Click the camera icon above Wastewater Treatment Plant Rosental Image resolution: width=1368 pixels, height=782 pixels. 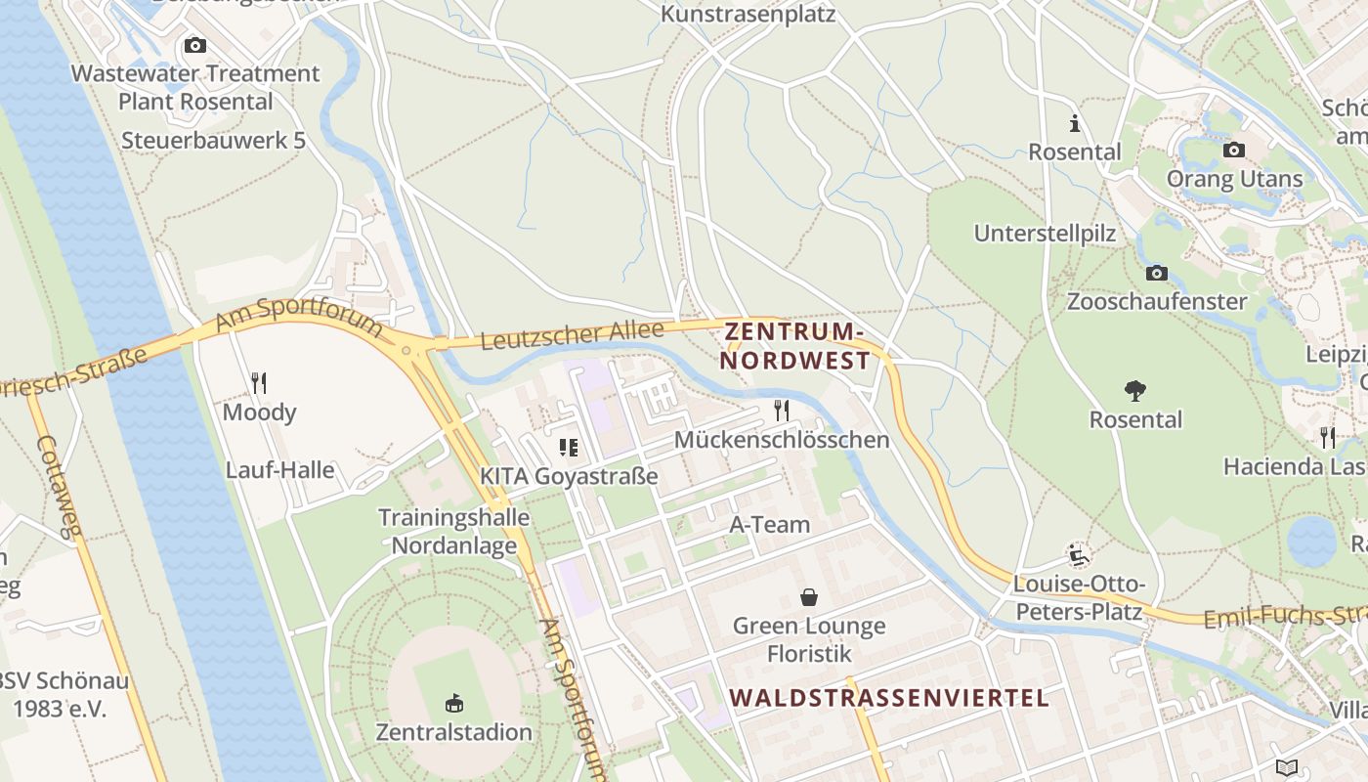[x=195, y=45]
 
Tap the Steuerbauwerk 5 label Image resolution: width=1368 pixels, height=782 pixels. [x=213, y=141]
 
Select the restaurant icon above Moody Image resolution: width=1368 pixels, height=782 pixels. [x=259, y=382]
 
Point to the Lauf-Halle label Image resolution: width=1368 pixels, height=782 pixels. [x=279, y=470]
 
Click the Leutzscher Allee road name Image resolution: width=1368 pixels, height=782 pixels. [x=572, y=335]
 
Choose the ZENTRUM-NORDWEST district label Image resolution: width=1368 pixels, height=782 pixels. [x=794, y=347]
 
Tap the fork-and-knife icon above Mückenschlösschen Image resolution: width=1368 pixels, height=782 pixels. [x=782, y=410]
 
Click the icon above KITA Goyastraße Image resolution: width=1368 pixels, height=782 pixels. [x=568, y=448]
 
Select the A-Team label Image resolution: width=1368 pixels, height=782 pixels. [x=770, y=525]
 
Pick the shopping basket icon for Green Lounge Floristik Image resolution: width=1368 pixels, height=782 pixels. [x=809, y=596]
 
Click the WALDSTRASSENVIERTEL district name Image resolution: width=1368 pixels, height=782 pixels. [x=889, y=698]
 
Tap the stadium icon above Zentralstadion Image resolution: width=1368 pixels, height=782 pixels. [x=454, y=703]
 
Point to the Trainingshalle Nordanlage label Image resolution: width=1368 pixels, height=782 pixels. [x=453, y=532]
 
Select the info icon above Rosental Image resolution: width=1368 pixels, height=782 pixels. [x=1075, y=124]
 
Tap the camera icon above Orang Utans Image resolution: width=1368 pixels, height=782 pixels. [x=1234, y=150]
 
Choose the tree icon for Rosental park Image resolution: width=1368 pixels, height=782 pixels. [x=1135, y=391]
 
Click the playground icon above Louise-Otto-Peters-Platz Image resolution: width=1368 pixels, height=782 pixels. [x=1079, y=555]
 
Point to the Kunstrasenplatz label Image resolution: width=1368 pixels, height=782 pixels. [x=748, y=14]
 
